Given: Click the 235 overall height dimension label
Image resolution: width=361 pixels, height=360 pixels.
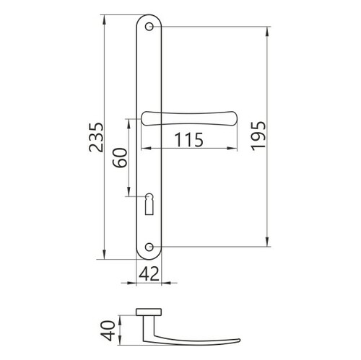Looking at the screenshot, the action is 96,137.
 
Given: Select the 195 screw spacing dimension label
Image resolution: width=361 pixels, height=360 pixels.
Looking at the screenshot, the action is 258,136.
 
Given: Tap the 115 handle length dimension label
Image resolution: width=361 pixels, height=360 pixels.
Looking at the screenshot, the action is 189,140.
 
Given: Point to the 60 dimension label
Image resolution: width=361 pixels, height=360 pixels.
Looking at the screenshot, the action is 120,158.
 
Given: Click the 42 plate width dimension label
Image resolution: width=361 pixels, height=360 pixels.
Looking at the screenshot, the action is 149,273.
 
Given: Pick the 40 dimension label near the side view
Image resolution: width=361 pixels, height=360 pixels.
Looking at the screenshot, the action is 108,330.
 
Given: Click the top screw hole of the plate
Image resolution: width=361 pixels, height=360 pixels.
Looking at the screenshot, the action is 149,27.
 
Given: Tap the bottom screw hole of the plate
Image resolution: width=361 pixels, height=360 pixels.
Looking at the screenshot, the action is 149,247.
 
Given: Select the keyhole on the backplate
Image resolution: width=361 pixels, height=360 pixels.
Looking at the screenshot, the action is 149,203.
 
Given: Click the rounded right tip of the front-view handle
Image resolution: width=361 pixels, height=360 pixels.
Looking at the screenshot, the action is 235,119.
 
